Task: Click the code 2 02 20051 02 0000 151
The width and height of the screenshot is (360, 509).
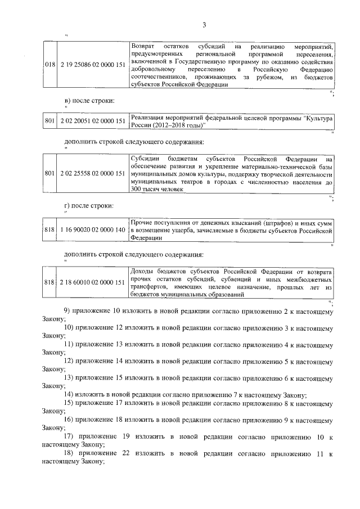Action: pos(91,121)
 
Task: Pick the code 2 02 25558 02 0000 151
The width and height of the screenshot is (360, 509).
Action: pos(91,174)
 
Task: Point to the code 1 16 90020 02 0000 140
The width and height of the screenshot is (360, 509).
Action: pos(91,229)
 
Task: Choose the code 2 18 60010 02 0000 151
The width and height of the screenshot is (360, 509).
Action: pos(91,282)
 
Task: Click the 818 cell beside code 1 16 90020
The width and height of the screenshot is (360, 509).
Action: pos(48,229)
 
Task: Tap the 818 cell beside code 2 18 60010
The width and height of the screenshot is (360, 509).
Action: pos(48,282)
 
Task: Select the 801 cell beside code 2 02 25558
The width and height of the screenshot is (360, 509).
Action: pos(48,174)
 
